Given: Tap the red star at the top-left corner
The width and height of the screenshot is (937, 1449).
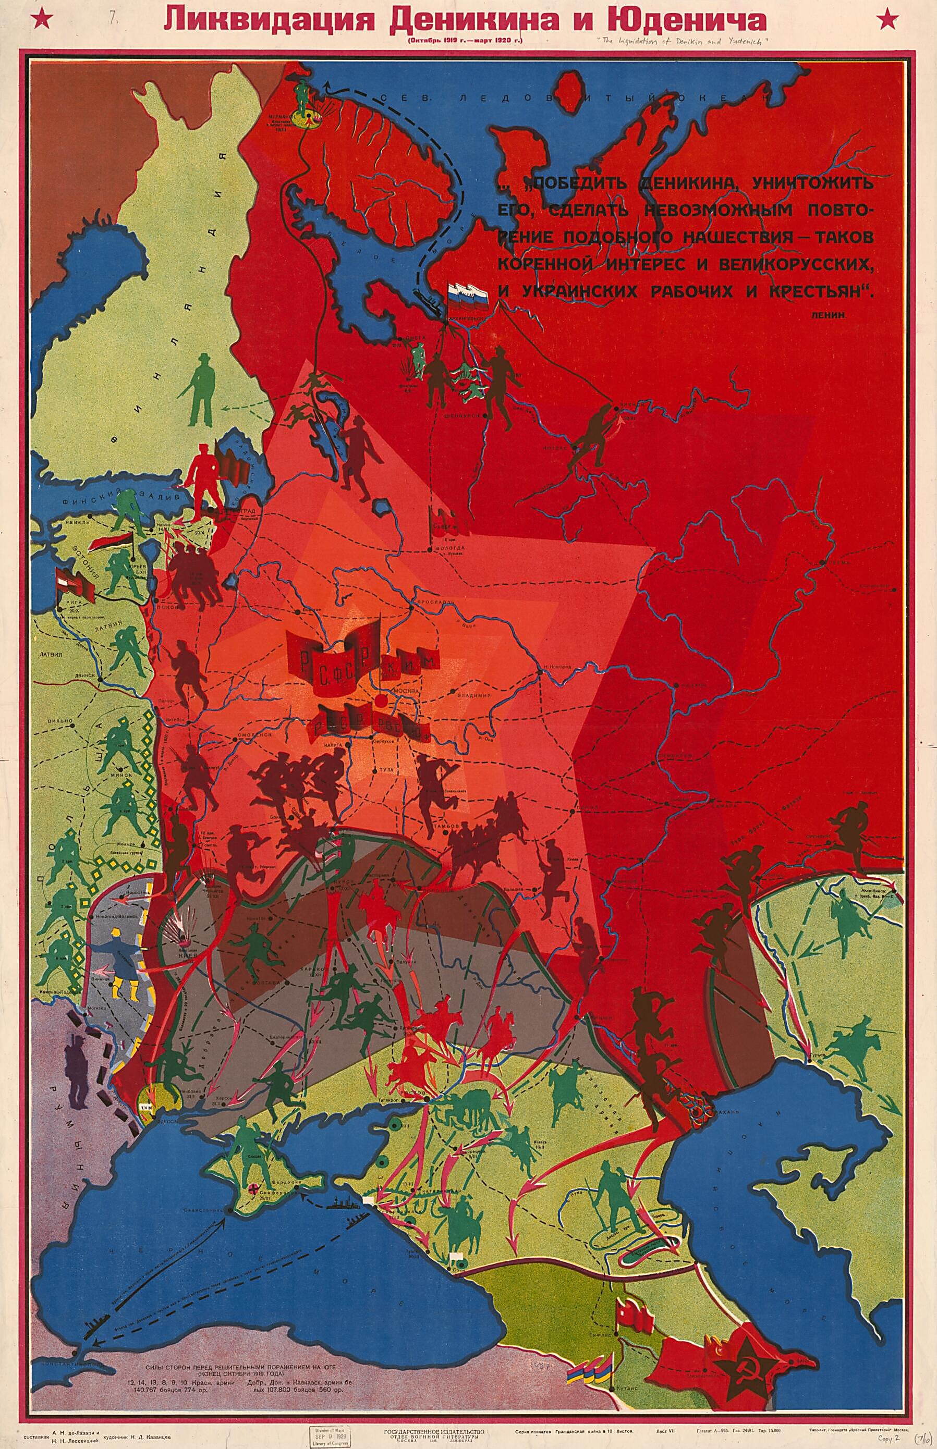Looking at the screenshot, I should pyautogui.click(x=43, y=19).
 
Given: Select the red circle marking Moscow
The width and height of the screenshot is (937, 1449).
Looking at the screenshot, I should pyautogui.click(x=381, y=701).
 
